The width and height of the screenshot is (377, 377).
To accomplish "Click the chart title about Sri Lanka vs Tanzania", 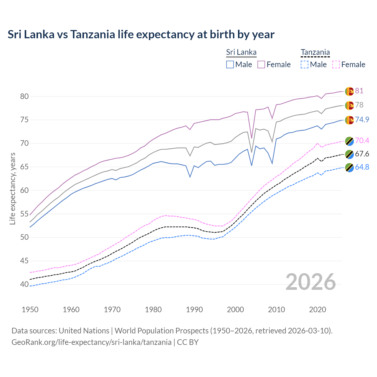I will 141,34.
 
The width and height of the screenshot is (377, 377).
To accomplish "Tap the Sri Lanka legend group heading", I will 241,52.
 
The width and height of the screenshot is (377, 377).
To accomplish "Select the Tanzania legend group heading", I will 315,52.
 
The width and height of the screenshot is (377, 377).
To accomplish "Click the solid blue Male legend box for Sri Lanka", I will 230,65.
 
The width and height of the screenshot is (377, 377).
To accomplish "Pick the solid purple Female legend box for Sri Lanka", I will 261,65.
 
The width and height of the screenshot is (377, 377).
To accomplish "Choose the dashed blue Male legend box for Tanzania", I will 305,65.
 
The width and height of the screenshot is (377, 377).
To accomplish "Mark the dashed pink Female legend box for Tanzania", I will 336,65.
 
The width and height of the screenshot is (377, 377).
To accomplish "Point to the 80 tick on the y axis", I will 24,96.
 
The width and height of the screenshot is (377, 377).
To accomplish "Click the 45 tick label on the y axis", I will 24,261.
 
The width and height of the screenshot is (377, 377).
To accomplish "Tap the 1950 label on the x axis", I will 30,310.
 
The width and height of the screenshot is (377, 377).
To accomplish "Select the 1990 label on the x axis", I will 194,310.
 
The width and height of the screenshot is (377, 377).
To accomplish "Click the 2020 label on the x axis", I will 318,310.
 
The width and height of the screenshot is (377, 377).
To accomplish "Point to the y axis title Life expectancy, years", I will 12,188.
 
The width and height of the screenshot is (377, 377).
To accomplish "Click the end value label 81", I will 359,91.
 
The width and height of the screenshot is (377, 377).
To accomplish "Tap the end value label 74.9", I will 362,120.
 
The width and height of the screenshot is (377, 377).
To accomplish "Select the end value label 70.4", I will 362,140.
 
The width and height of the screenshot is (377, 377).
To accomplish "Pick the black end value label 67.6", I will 362,154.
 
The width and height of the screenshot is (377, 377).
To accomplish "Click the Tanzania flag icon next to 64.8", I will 349,167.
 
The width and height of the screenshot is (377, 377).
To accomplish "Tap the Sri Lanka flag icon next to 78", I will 349,105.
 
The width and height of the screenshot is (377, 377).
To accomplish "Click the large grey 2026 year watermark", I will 310,282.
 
